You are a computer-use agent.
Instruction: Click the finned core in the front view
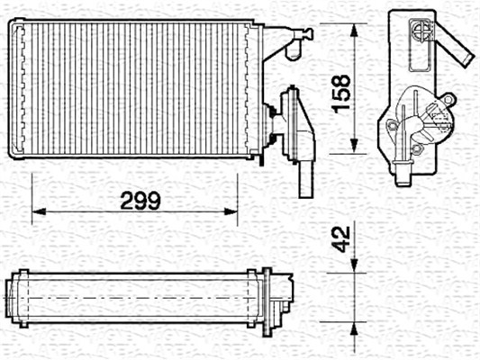(x=135, y=90)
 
